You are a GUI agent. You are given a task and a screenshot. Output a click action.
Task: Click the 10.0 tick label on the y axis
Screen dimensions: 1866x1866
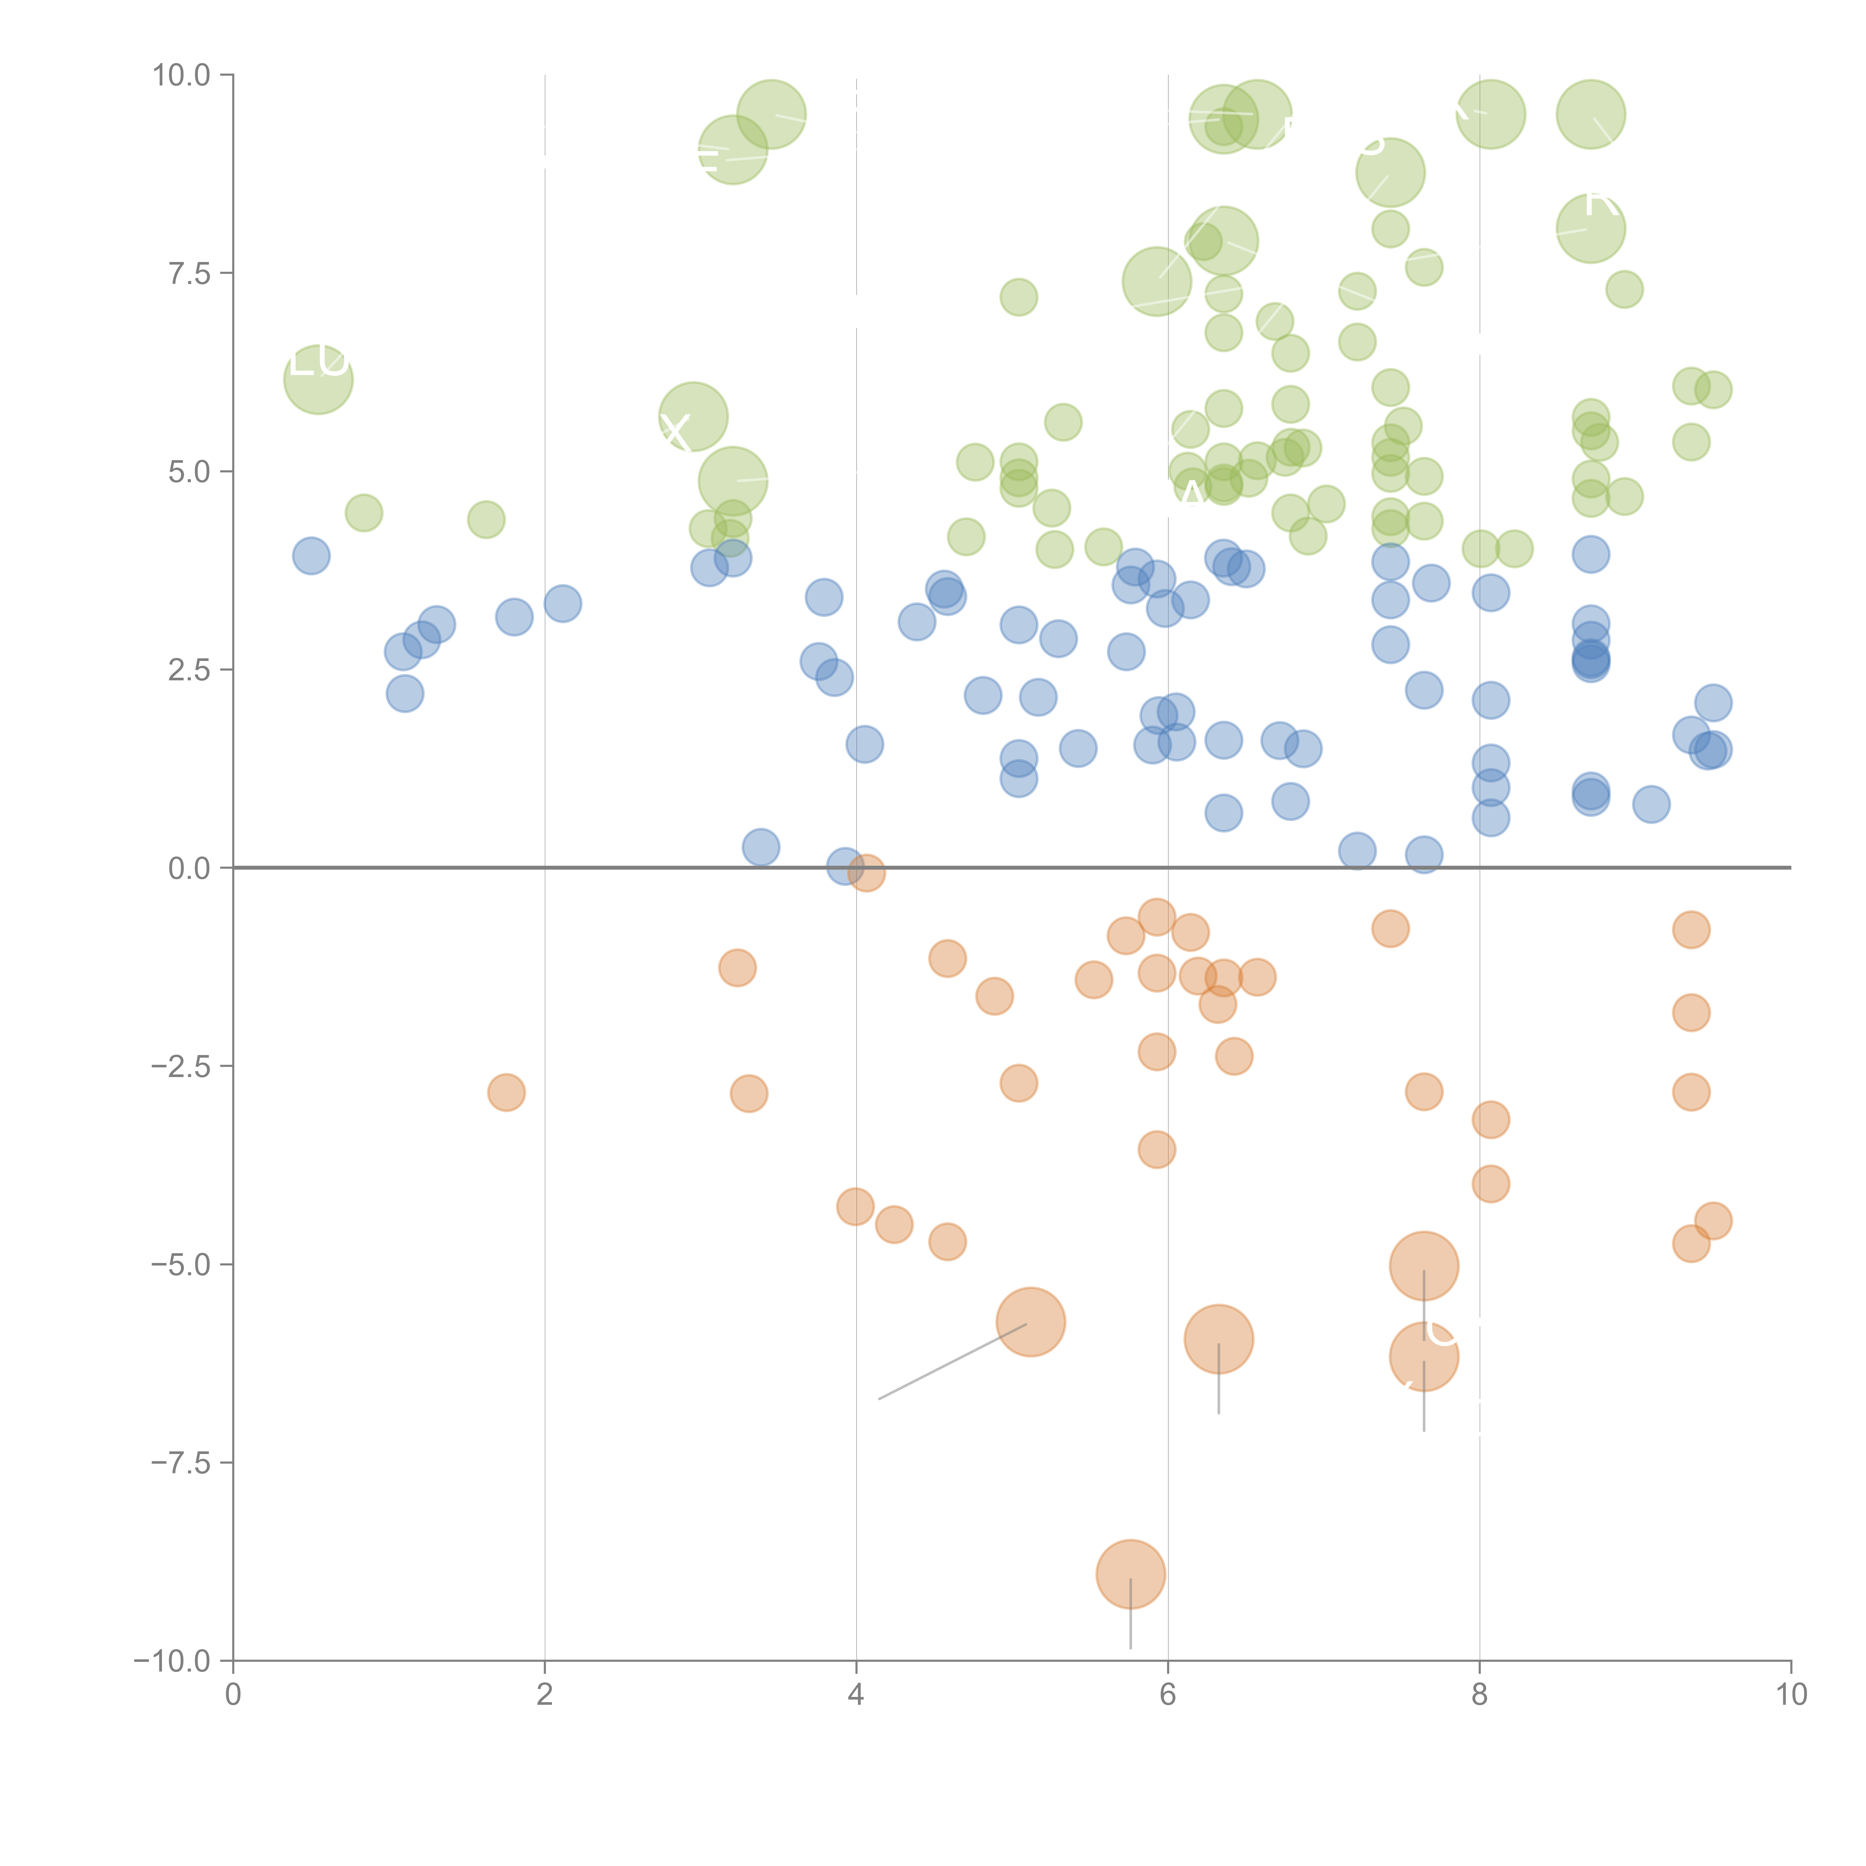coord(182,75)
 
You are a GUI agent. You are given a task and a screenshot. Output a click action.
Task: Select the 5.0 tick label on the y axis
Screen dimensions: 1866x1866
coord(189,472)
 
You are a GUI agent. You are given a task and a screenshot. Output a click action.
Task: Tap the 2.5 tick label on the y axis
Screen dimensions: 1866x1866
coord(189,670)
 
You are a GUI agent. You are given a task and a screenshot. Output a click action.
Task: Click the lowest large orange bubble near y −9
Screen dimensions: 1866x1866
coord(1130,1574)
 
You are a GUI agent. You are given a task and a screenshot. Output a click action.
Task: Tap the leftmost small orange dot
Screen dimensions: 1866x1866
coord(506,1092)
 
